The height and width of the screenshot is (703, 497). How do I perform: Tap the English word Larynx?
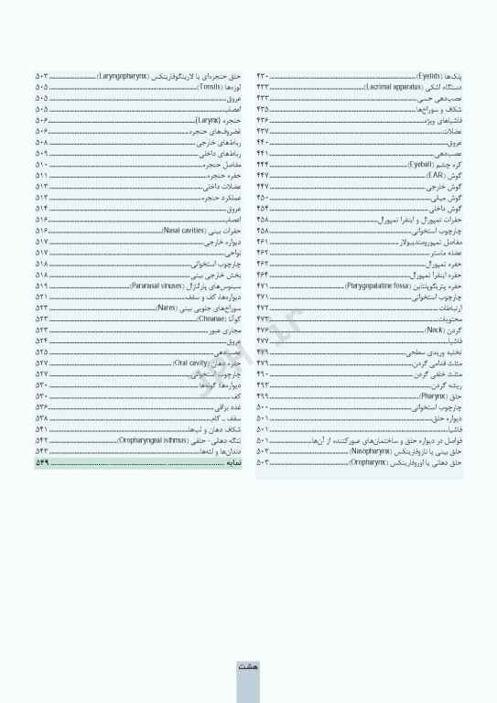(209, 119)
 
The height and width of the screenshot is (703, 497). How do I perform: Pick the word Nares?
(167, 308)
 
